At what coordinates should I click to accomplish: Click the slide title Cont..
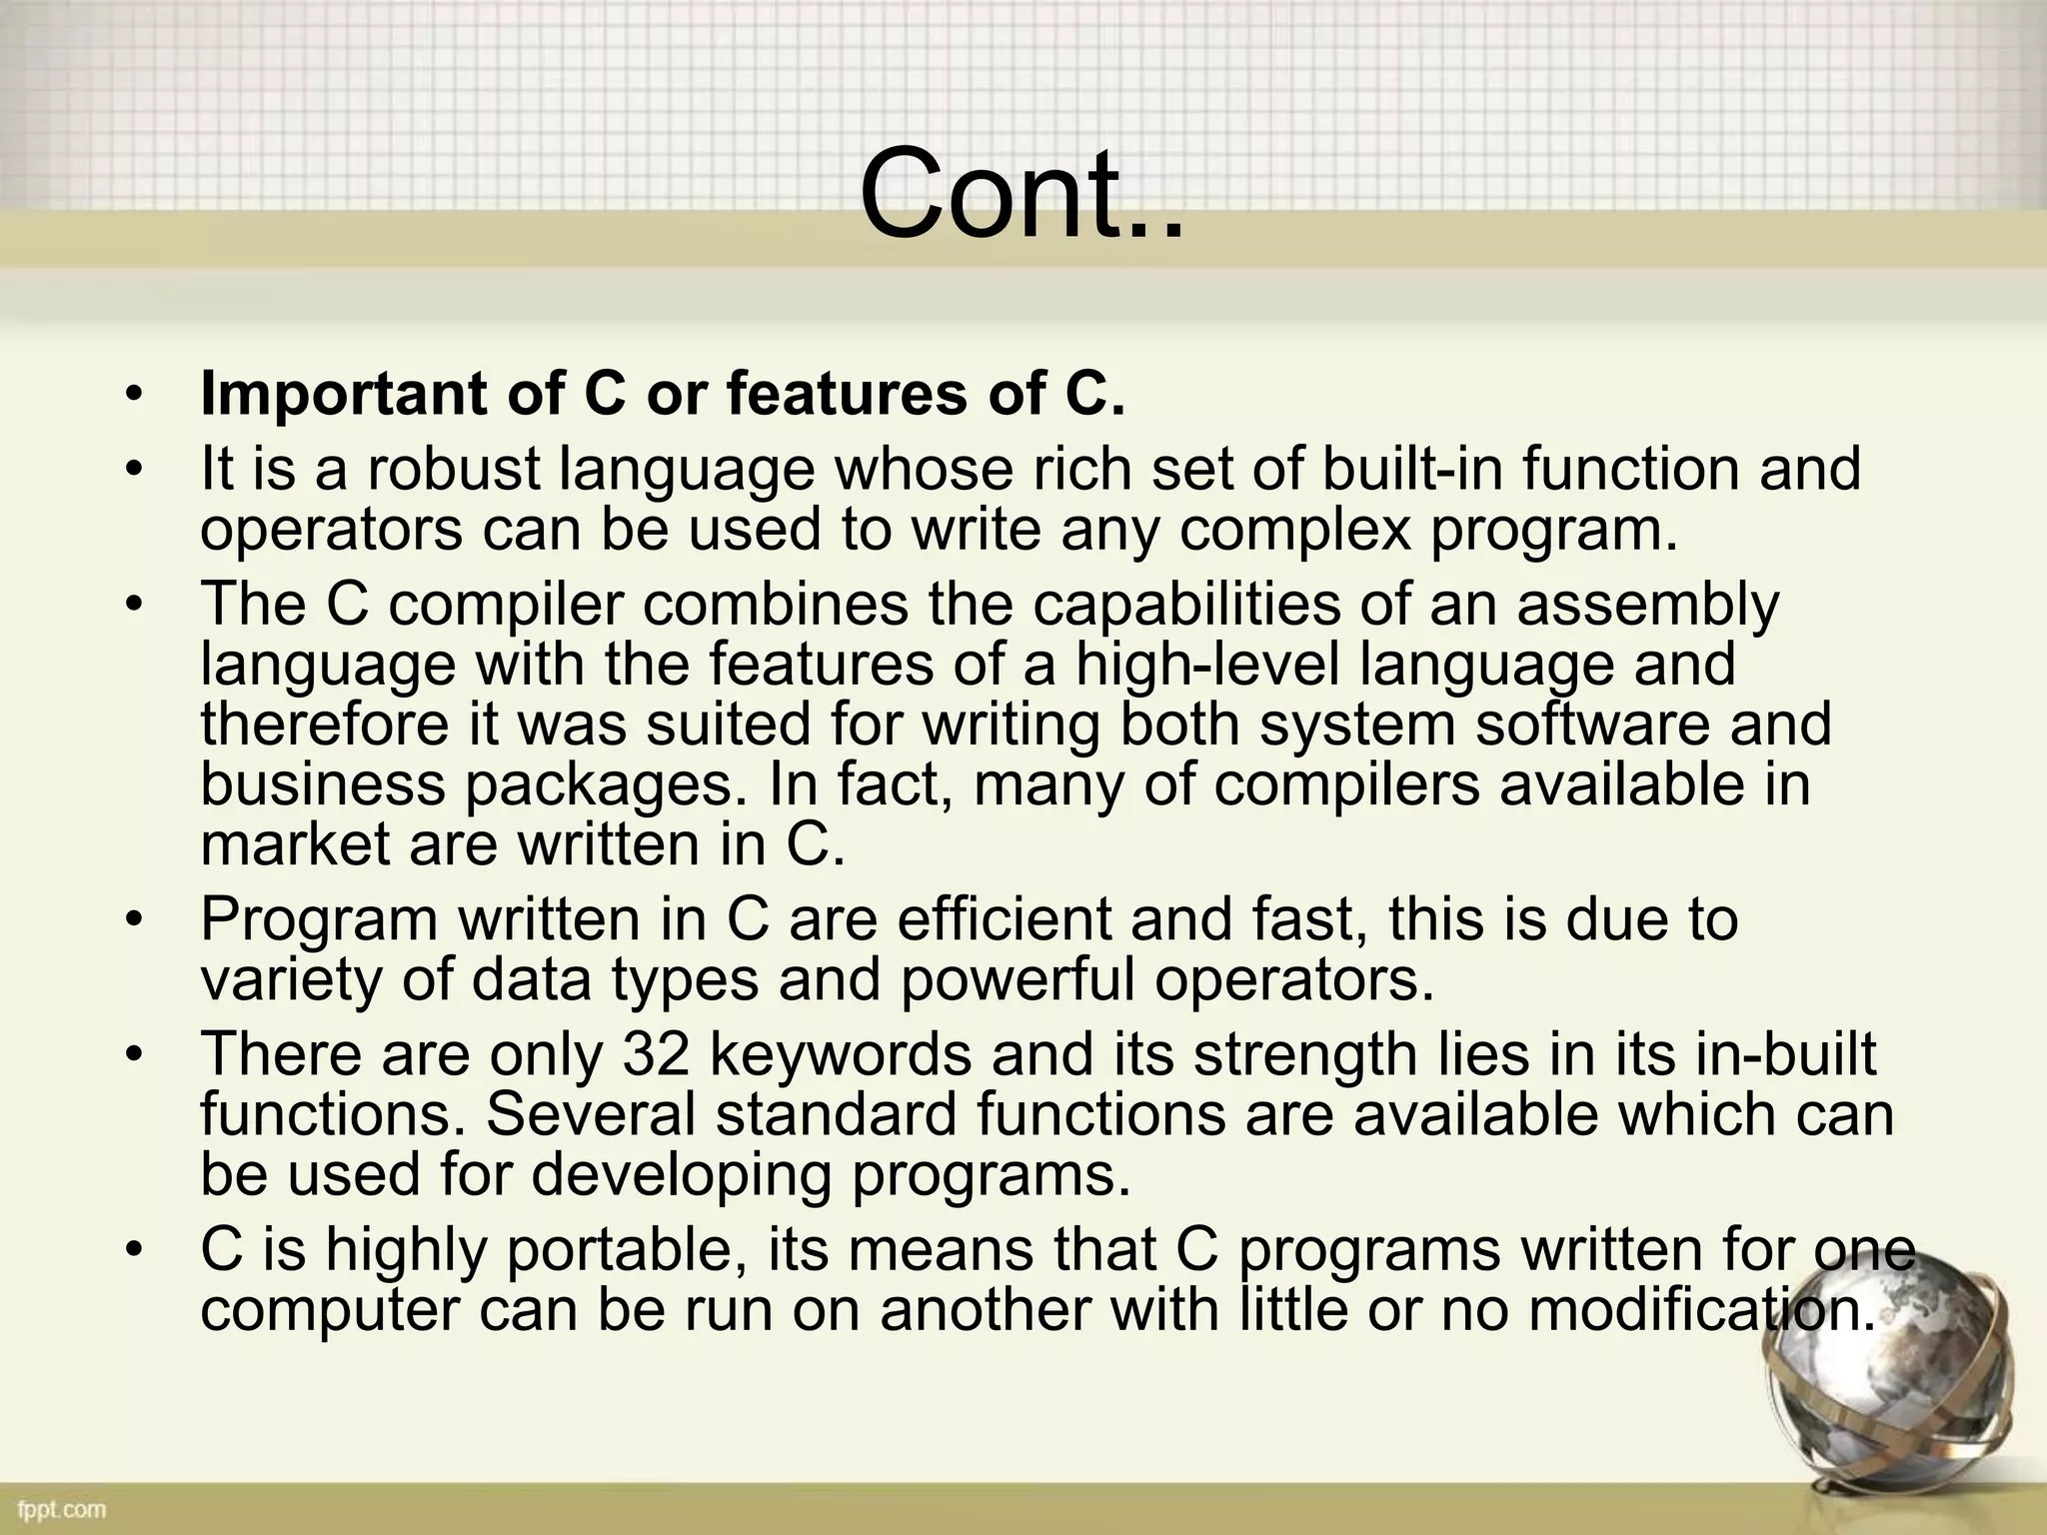[x=1021, y=193]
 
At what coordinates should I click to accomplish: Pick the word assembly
[x=1648, y=604]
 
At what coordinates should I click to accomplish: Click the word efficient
[x=1005, y=918]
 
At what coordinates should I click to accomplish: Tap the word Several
[x=591, y=1113]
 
